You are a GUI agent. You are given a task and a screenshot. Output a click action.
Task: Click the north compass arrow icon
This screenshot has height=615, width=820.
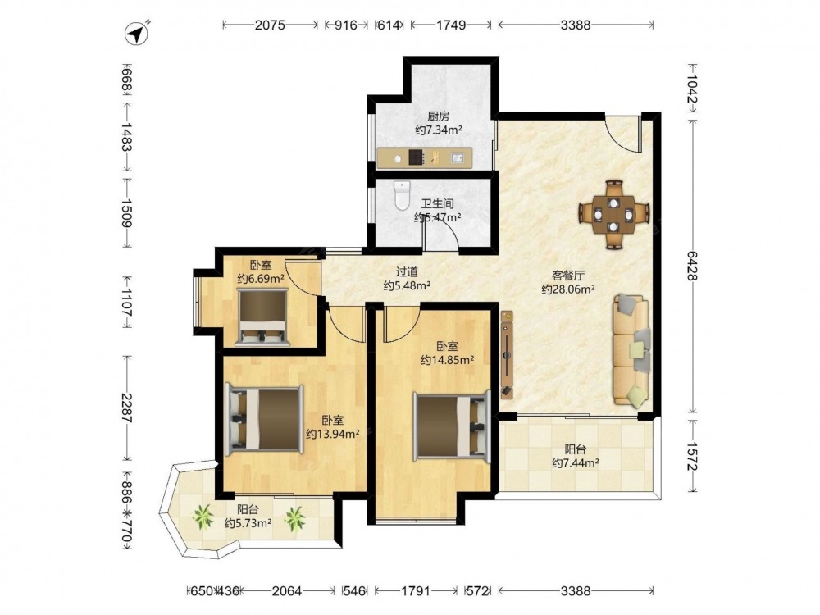[138, 33]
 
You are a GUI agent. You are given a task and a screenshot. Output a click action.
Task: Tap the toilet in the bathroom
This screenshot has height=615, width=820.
[402, 195]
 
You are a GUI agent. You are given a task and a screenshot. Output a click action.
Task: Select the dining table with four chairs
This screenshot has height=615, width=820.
[614, 214]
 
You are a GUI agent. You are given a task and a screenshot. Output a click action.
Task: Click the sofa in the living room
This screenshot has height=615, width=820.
[631, 350]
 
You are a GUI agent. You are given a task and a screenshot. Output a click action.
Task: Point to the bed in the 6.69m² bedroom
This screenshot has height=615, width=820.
[262, 317]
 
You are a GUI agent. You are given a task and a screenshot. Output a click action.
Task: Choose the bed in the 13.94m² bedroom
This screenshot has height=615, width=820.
[264, 419]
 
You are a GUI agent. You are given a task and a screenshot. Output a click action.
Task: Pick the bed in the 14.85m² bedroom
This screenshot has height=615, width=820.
[453, 426]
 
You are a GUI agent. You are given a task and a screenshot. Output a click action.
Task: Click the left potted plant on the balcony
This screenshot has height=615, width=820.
[203, 517]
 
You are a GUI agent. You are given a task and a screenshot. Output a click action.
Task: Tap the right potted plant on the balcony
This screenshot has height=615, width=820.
[295, 519]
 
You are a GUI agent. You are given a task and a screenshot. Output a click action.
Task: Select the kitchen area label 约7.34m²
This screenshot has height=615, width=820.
[438, 130]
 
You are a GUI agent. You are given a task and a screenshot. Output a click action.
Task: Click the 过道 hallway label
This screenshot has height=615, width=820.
[407, 272]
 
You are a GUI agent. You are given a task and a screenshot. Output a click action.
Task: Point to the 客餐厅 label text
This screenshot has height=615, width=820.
[568, 276]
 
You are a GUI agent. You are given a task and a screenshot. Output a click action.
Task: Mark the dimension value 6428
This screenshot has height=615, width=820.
[692, 266]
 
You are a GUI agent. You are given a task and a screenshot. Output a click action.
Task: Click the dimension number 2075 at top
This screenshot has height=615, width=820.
[270, 25]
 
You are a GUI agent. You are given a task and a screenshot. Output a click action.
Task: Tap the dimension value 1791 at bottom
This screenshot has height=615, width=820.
[416, 591]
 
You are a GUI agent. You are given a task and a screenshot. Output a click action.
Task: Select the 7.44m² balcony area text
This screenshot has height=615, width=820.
[576, 462]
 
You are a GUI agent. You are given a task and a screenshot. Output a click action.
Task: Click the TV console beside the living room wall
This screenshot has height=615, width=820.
[507, 353]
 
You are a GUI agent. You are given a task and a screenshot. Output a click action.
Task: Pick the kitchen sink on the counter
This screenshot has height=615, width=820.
[457, 157]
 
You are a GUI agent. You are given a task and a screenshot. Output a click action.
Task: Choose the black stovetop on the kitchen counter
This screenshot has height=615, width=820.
[417, 157]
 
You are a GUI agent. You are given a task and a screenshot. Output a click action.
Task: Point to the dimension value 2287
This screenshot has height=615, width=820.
[126, 408]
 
